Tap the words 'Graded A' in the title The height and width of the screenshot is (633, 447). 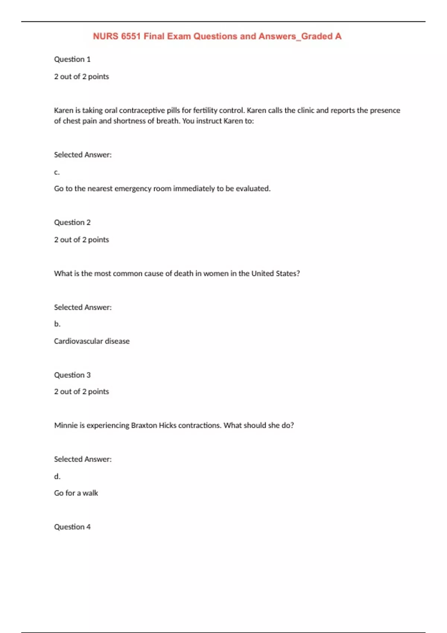coord(321,36)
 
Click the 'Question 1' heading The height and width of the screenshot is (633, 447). coord(72,59)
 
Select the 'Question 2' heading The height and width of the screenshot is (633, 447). coord(72,222)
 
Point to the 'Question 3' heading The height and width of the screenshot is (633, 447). coord(72,375)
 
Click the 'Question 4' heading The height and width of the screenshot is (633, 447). coord(72,527)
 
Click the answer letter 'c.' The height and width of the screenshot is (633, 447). coord(57,172)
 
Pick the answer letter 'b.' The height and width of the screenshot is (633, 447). coord(57,324)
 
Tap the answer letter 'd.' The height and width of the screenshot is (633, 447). coord(57,476)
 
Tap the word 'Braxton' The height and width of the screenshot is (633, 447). coord(144,425)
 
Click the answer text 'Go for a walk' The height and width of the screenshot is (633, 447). coord(76,493)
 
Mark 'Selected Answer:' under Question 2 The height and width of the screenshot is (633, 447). coord(83,307)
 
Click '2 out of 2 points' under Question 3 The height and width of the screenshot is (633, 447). coord(82,391)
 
